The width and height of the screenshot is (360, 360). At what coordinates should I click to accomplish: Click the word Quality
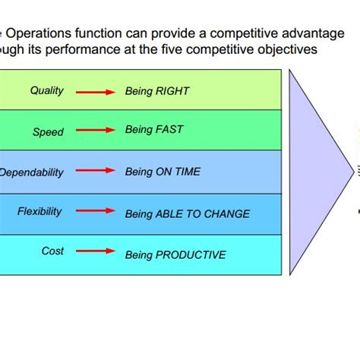coord(47,91)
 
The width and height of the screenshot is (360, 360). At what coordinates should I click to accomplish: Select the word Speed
coord(48,132)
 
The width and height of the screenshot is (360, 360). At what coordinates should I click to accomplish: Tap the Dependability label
coord(32,172)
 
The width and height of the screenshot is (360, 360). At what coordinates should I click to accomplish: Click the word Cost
coord(52,251)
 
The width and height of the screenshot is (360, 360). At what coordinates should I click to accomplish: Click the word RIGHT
coord(172,92)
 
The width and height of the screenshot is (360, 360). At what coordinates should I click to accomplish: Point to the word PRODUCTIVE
coord(190,255)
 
